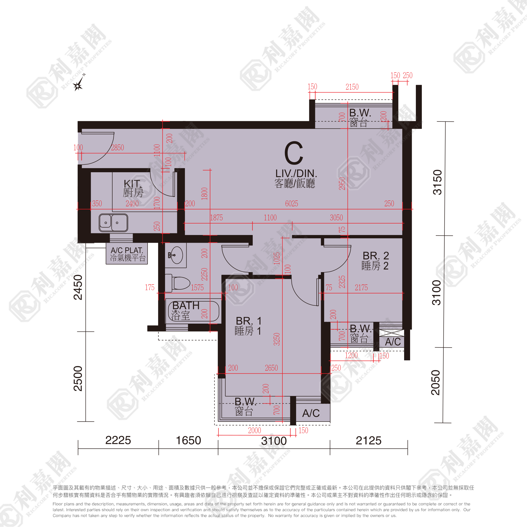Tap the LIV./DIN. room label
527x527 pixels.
(296, 173)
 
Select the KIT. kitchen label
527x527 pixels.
(132, 183)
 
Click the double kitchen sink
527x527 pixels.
(113, 223)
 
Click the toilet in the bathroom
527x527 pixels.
(178, 283)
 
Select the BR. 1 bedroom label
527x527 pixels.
(248, 321)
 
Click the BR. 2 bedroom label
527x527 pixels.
(376, 256)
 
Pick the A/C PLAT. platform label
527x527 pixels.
(127, 250)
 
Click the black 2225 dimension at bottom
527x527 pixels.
(118, 440)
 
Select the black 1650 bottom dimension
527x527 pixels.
(188, 440)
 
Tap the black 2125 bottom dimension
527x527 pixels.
(368, 441)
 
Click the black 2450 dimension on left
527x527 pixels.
(78, 287)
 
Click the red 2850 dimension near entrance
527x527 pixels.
(117, 148)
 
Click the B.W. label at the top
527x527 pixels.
(360, 113)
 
